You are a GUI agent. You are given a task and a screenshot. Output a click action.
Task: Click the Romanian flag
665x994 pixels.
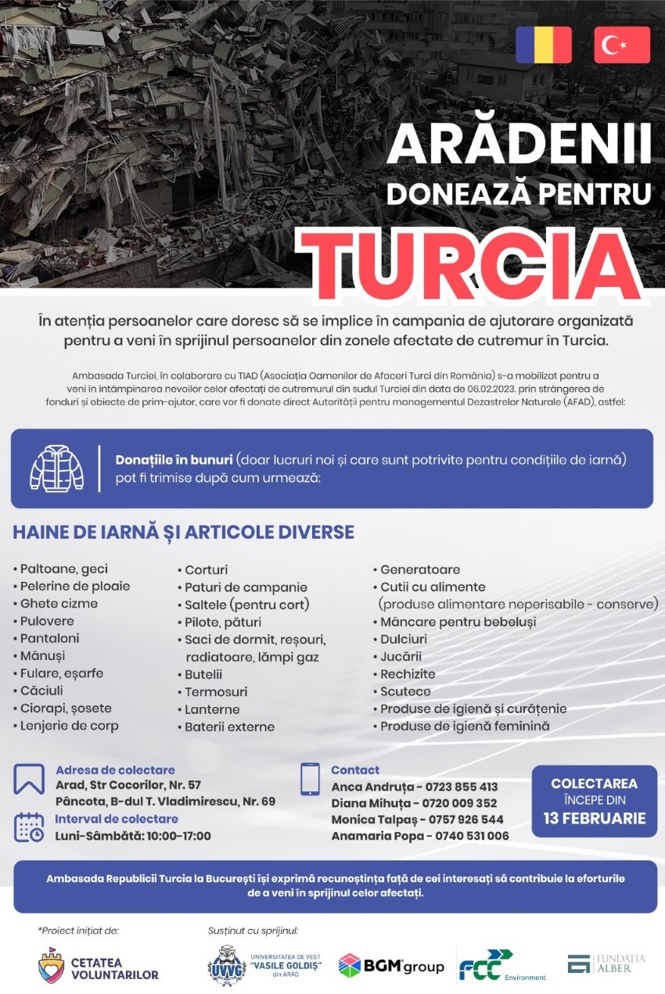(x=543, y=45)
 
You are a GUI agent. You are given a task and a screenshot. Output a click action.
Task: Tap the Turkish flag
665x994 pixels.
(x=622, y=45)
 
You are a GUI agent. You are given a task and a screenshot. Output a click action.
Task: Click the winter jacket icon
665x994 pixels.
(x=56, y=468)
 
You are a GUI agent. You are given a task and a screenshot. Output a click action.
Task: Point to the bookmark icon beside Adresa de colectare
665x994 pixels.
(x=29, y=779)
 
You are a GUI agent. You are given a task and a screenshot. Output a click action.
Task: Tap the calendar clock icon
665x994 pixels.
(x=29, y=827)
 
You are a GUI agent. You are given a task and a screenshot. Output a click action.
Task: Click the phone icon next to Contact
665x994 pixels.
(x=310, y=779)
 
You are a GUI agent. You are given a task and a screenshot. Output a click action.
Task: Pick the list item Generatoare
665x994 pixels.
(x=420, y=569)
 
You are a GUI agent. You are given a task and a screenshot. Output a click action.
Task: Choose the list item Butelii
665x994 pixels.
(x=203, y=674)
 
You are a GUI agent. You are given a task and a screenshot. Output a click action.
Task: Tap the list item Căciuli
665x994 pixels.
(x=41, y=691)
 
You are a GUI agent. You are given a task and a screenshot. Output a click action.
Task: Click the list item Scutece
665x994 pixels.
(x=405, y=691)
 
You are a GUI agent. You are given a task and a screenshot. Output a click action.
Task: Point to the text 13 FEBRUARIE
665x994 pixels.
(x=595, y=819)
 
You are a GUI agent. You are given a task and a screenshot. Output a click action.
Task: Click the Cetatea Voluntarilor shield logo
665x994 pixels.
(x=52, y=967)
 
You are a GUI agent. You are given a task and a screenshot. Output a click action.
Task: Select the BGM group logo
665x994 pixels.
(x=390, y=967)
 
